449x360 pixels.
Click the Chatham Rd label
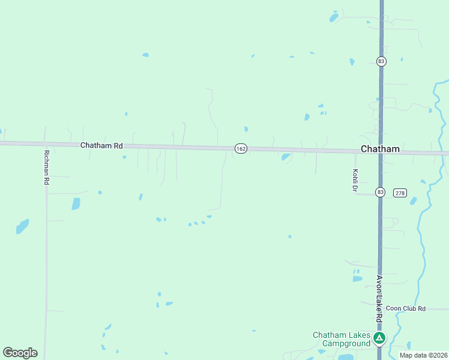101,146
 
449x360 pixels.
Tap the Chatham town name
379,149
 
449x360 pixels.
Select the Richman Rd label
46,167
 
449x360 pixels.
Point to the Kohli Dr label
355,180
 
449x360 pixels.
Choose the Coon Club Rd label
405,308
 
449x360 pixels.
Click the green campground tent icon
379,338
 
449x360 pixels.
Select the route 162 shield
241,148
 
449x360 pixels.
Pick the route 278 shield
400,193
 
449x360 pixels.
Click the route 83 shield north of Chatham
381,61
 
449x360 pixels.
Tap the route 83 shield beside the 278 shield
380,192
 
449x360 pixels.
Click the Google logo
20,353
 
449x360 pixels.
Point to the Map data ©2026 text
423,355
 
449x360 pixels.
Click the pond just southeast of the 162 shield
286,157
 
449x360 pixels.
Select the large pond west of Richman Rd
23,226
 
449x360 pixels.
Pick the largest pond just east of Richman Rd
76,204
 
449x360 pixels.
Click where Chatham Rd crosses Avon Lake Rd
381,151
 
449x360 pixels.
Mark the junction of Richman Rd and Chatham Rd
46,144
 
